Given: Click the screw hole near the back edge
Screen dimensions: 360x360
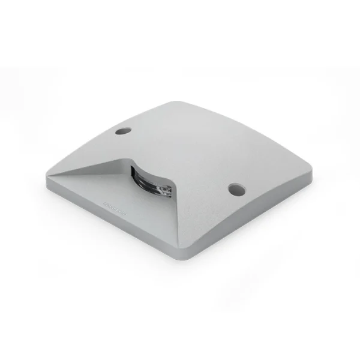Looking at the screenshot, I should [x=124, y=130].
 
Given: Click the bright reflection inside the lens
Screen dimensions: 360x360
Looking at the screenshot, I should [x=166, y=191].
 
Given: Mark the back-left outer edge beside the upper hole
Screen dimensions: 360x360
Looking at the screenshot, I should [x=102, y=134].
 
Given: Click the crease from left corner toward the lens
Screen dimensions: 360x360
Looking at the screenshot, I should [x=90, y=170].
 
